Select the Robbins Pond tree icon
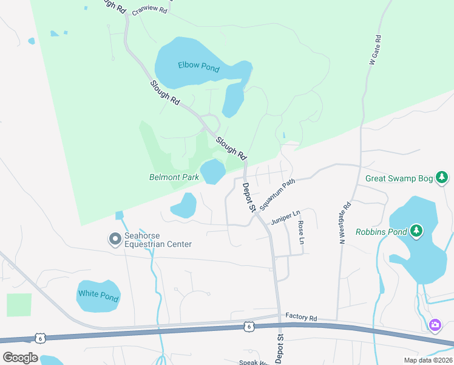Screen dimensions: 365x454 coord(416,231)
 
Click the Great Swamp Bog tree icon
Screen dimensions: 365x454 coord(444,178)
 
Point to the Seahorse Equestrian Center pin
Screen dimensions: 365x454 coord(114,240)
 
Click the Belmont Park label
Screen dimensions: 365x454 coord(174,178)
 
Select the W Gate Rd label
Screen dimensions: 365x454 coord(375,50)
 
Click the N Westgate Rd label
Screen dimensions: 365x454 coord(344,223)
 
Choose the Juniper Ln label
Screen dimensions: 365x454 coord(286,217)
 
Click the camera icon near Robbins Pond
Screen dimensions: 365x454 coord(435,325)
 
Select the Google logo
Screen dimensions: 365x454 coord(21,358)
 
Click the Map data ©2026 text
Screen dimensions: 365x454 coord(428,360)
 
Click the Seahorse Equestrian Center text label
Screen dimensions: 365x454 coord(158,240)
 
